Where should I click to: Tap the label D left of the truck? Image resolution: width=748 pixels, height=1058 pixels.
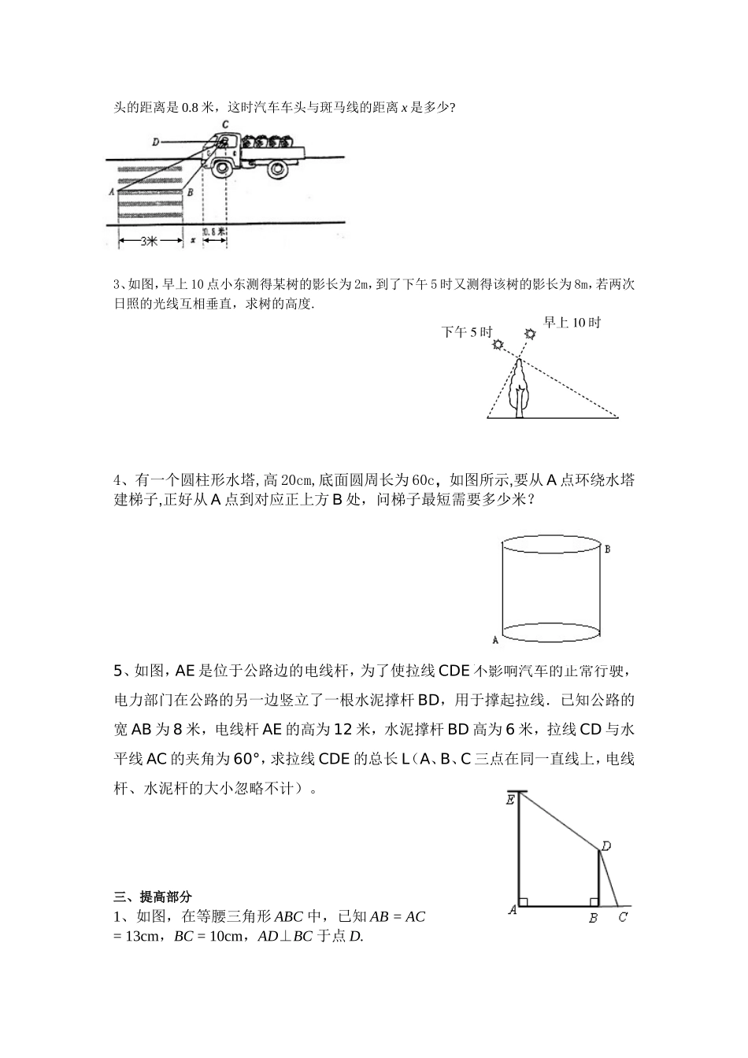pyautogui.click(x=156, y=142)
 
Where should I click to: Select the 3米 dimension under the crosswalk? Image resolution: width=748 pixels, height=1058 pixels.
pyautogui.click(x=150, y=242)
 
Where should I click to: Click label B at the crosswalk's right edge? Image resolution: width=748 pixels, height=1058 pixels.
pyautogui.click(x=189, y=191)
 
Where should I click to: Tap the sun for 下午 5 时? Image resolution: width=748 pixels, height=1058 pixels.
pyautogui.click(x=498, y=345)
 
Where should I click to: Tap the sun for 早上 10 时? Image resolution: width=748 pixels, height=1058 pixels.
pyautogui.click(x=530, y=334)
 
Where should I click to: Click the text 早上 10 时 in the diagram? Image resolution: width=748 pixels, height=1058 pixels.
pyautogui.click(x=572, y=322)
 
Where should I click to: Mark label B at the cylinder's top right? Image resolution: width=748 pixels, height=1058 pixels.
pyautogui.click(x=607, y=549)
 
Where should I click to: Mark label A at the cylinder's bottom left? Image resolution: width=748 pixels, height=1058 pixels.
pyautogui.click(x=494, y=639)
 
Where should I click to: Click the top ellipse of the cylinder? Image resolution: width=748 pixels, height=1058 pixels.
pyautogui.click(x=551, y=544)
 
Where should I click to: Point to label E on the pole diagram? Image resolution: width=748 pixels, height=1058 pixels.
pyautogui.click(x=510, y=800)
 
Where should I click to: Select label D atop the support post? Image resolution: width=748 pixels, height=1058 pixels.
pyautogui.click(x=605, y=846)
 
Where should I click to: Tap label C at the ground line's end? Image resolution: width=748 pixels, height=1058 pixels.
pyautogui.click(x=623, y=917)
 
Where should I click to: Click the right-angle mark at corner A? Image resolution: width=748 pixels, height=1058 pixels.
pyautogui.click(x=523, y=901)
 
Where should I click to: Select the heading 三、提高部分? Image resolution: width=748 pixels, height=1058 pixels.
pyautogui.click(x=154, y=896)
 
